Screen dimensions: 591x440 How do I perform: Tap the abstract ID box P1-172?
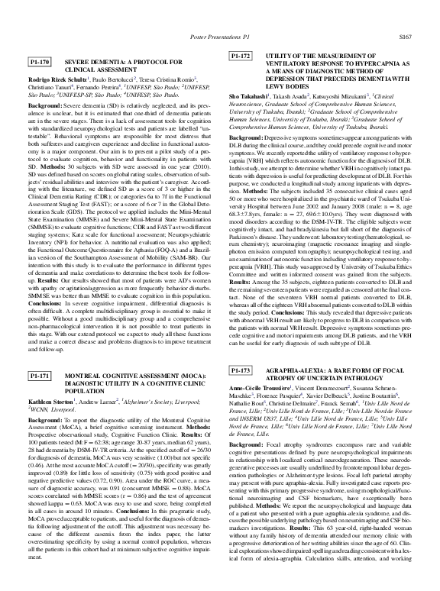coord(241,57)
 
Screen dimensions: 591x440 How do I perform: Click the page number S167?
coord(406,36)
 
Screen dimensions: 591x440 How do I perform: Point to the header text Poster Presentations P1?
coord(220,36)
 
